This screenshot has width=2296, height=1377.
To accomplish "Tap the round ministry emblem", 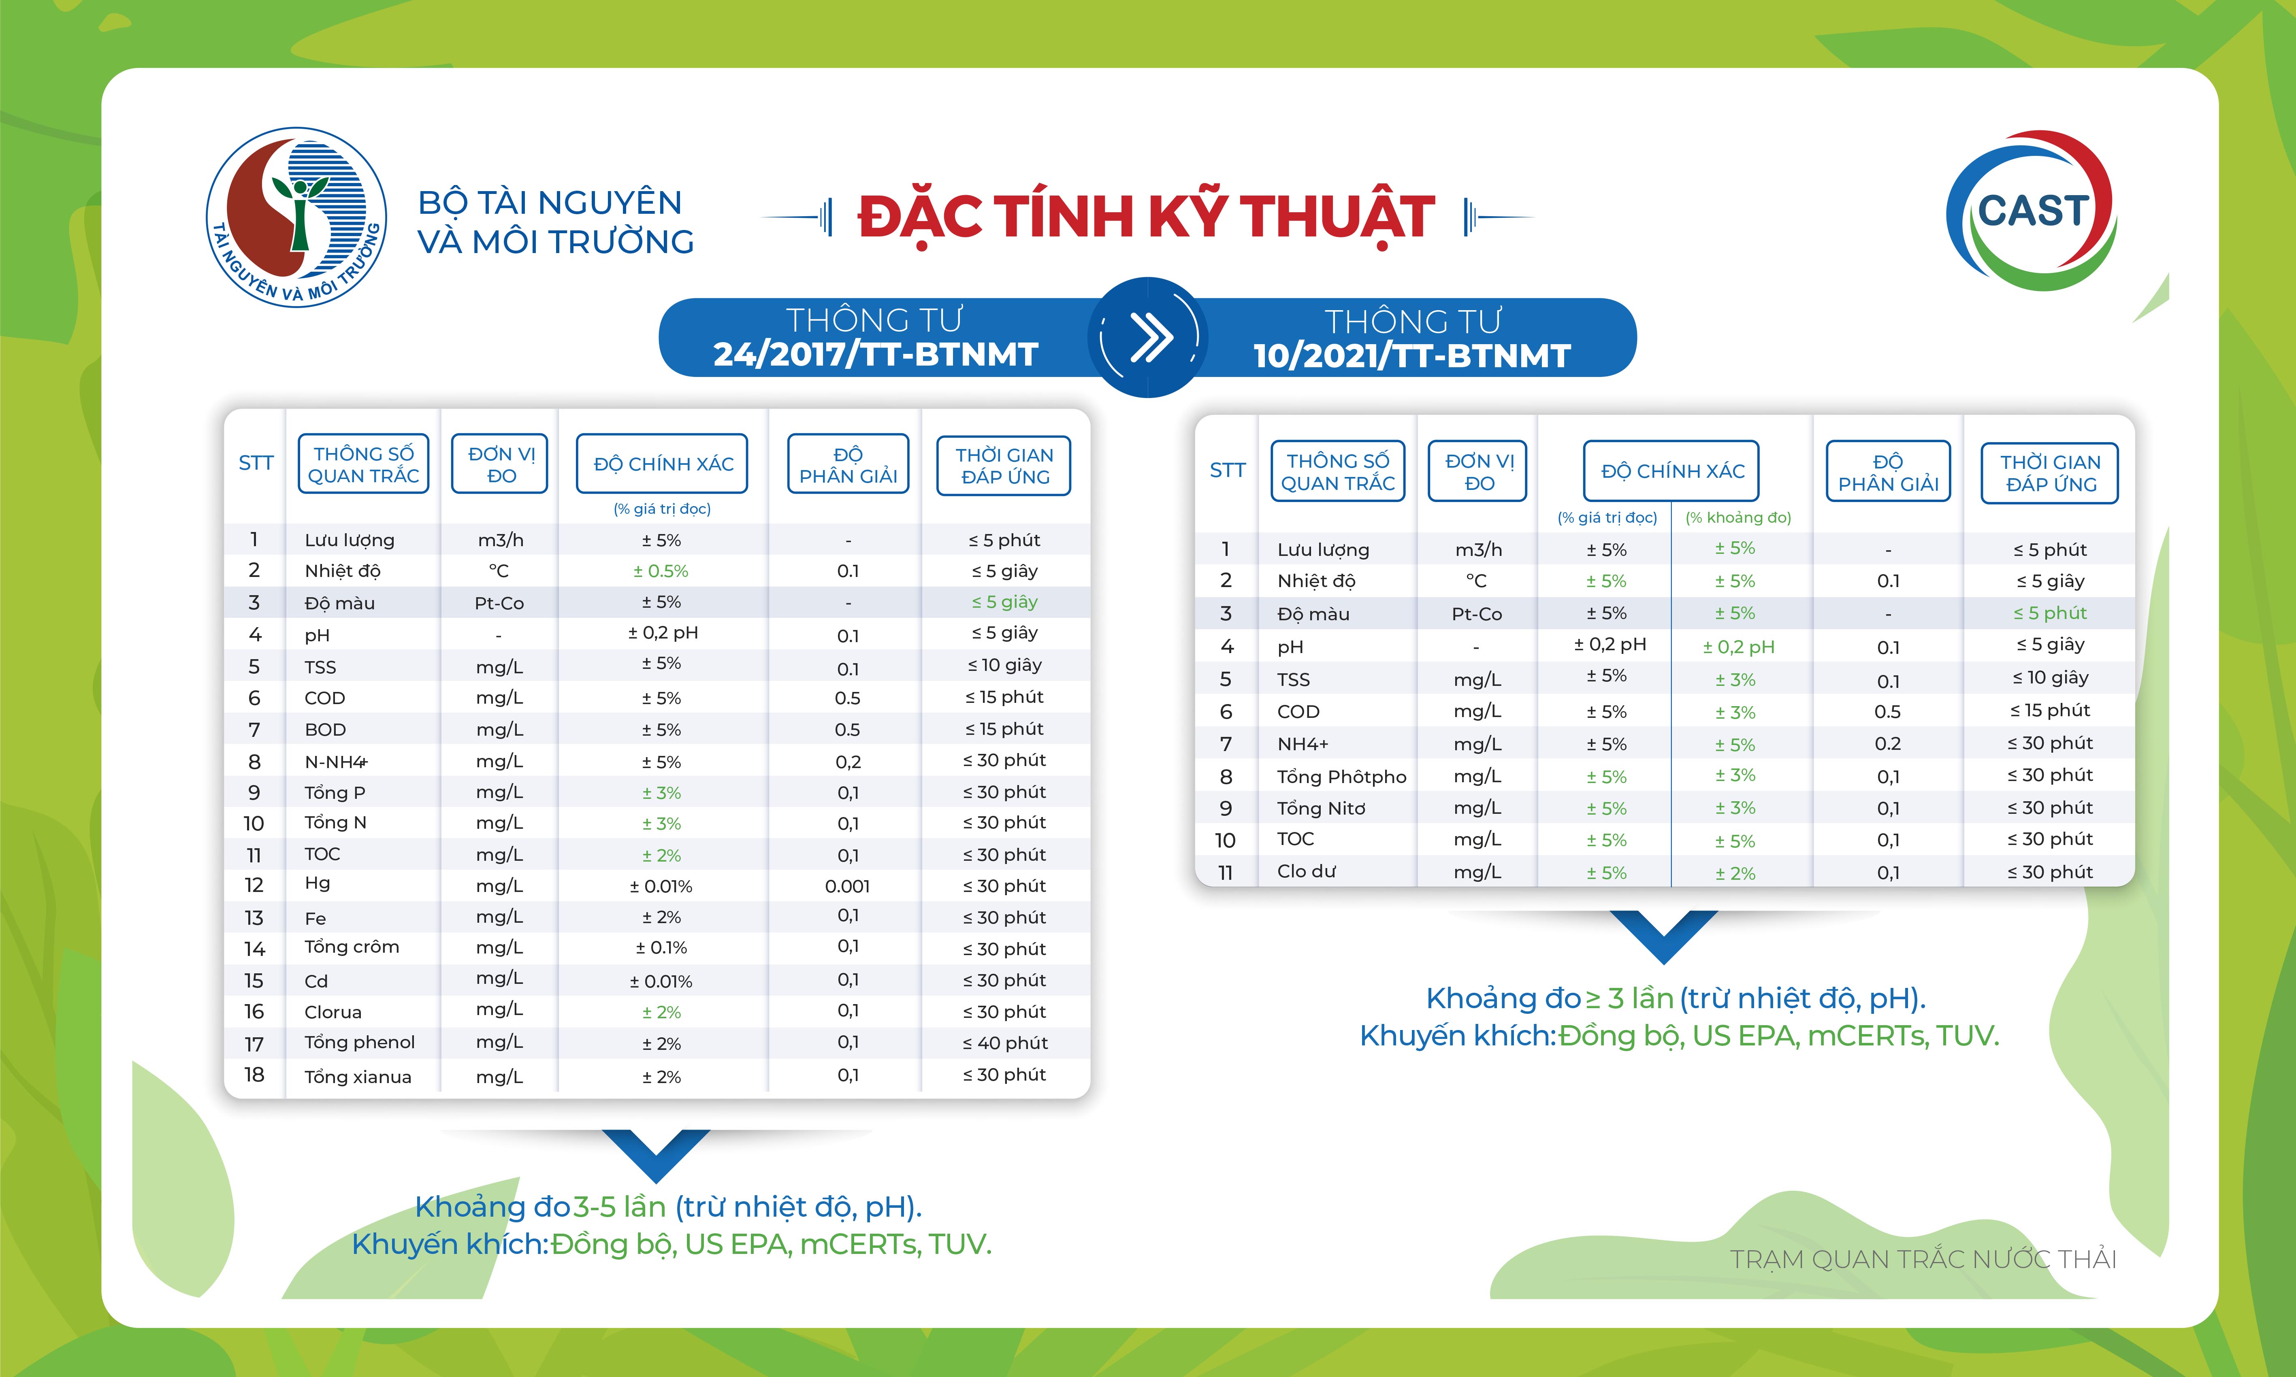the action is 296,217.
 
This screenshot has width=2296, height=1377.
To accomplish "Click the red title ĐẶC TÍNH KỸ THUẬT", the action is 1146,217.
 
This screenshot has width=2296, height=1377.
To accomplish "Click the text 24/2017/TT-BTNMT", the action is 875,354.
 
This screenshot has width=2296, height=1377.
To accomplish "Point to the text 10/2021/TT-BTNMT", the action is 1411,355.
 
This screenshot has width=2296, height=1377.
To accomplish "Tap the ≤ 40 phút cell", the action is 1005,1043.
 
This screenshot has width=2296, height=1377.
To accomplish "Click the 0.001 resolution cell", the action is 847,886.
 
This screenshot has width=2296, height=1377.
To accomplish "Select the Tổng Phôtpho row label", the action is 1342,777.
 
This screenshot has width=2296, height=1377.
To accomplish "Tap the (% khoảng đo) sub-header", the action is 1738,518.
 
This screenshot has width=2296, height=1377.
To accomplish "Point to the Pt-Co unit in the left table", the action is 499,603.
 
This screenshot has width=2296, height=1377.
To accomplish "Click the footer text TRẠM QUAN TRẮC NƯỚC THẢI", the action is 1923,1259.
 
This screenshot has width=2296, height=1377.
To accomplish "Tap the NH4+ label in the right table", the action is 1303,744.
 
